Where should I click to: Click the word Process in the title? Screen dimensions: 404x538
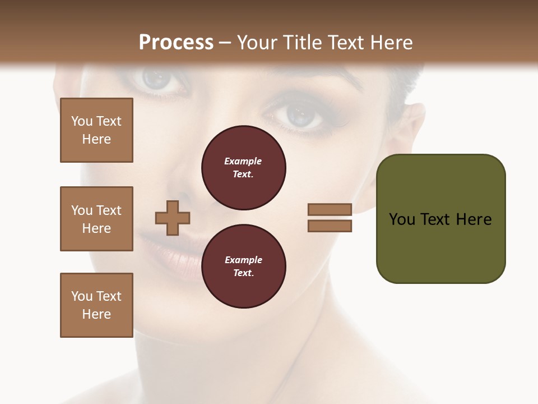pos(176,42)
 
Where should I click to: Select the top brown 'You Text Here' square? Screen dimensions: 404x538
pos(96,130)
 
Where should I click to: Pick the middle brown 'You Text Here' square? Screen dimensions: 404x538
pos(96,219)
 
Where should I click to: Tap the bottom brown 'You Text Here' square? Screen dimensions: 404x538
pos(96,305)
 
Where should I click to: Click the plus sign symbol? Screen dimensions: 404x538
pos(173,218)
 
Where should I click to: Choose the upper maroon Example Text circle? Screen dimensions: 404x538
pos(243,168)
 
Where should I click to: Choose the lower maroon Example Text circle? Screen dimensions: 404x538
pos(243,267)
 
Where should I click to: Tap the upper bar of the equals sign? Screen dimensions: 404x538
pos(330,210)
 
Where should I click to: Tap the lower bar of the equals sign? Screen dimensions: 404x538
pos(330,226)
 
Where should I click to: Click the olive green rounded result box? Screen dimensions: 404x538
pos(440,218)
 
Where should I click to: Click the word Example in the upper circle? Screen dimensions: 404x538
pos(243,161)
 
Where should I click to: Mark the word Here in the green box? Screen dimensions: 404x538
pos(474,219)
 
